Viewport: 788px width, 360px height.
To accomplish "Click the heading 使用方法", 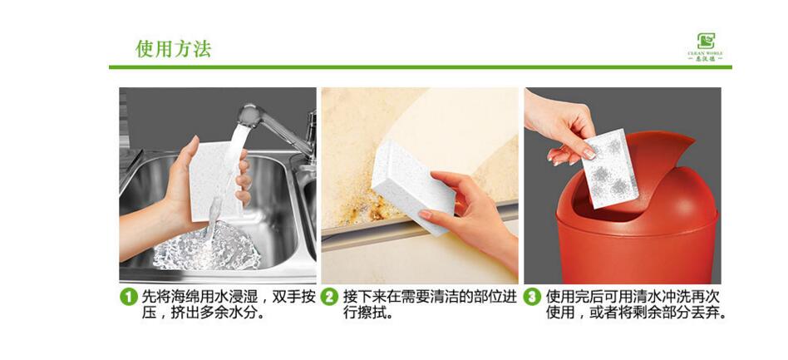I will (x=173, y=49).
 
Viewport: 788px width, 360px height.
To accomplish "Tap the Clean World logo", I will (x=706, y=46).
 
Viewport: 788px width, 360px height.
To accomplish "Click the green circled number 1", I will (x=128, y=297).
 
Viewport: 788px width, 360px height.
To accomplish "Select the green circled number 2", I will (x=330, y=297).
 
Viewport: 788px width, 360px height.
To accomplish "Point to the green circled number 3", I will (x=532, y=297).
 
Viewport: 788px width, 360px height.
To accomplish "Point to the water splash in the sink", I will (x=208, y=249).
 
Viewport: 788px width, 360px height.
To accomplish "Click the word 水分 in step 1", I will (x=250, y=314).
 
